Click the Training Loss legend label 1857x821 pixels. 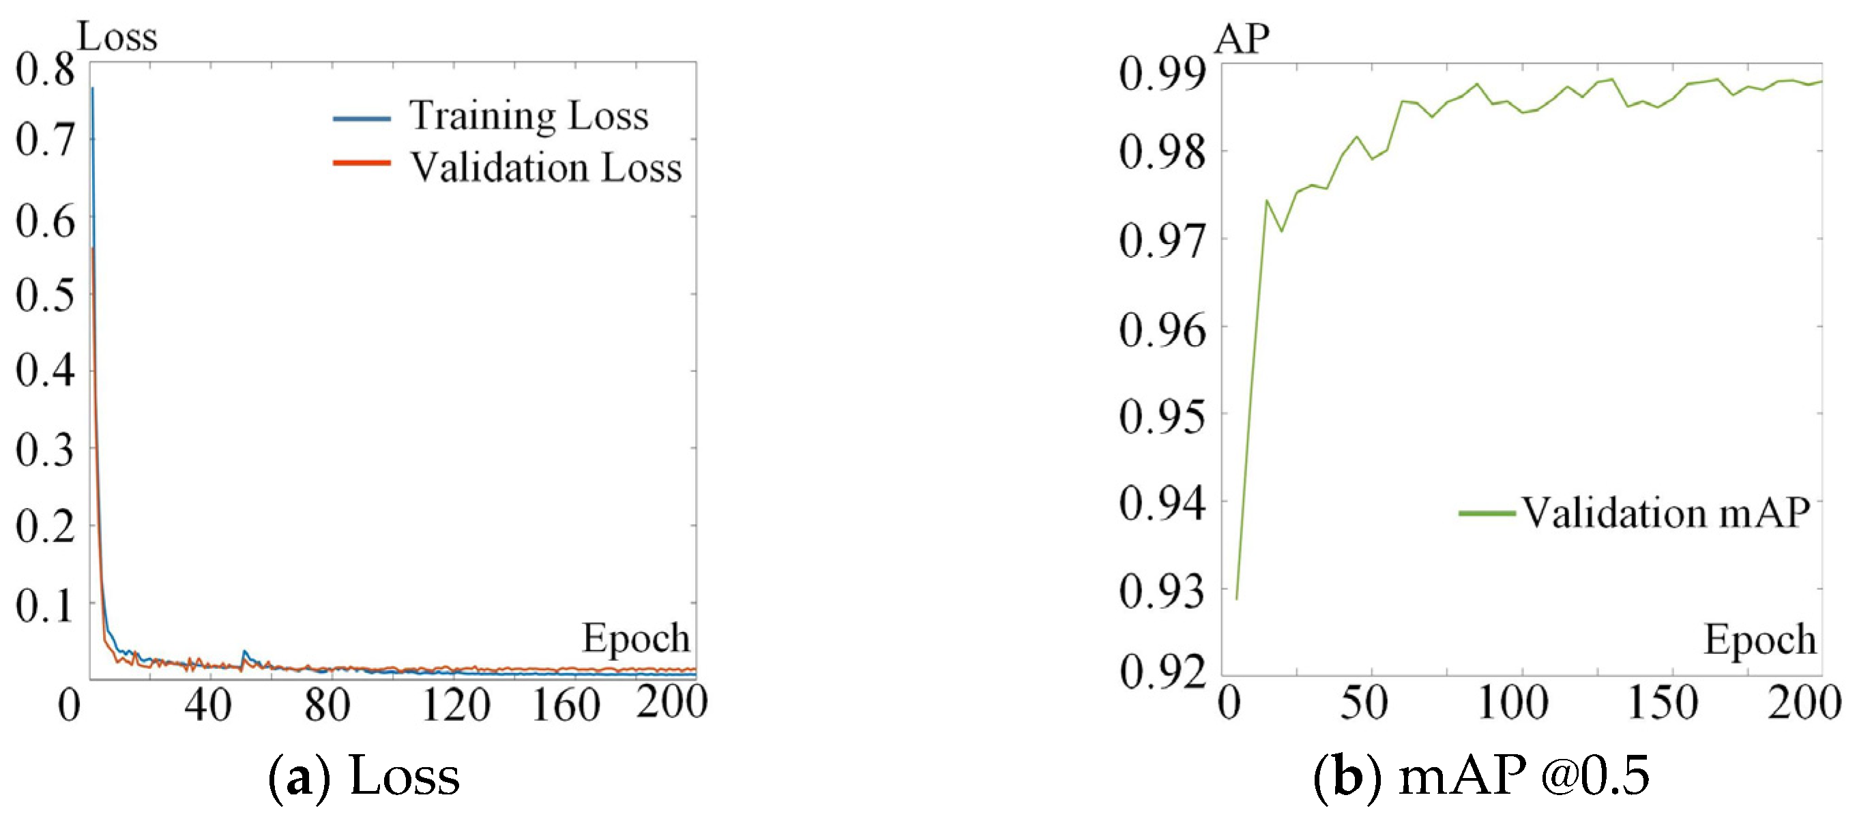coord(529,116)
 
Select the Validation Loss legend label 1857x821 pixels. coord(546,168)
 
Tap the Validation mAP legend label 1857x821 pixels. coord(1665,513)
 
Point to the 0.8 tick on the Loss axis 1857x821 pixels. coord(45,70)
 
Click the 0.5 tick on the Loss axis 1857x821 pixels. coord(45,295)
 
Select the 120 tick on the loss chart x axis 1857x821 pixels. coord(456,704)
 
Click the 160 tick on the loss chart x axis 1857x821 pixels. coord(566,704)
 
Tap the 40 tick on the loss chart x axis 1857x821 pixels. coord(207,704)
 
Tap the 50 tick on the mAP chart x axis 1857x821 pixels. coord(1363,702)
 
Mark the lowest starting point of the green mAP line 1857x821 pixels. coord(1237,598)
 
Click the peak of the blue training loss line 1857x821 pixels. coord(92,89)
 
